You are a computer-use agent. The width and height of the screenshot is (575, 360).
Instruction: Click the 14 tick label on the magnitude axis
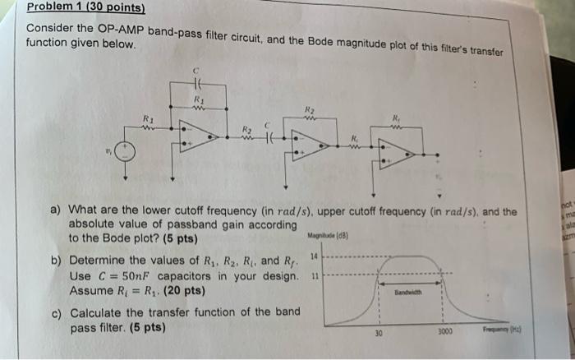click(314, 257)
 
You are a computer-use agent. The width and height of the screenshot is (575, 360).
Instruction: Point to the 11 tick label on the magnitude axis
click(314, 275)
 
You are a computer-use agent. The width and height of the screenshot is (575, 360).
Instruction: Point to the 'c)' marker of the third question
click(57, 313)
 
